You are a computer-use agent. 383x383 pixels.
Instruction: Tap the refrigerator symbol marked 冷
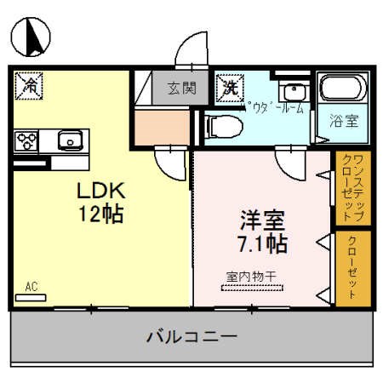(30, 86)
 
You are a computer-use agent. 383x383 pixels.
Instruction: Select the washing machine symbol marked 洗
(229, 86)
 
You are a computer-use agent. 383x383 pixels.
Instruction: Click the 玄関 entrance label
(181, 86)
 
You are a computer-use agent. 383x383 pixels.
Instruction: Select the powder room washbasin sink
(294, 91)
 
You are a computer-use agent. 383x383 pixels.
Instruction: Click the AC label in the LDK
(31, 287)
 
